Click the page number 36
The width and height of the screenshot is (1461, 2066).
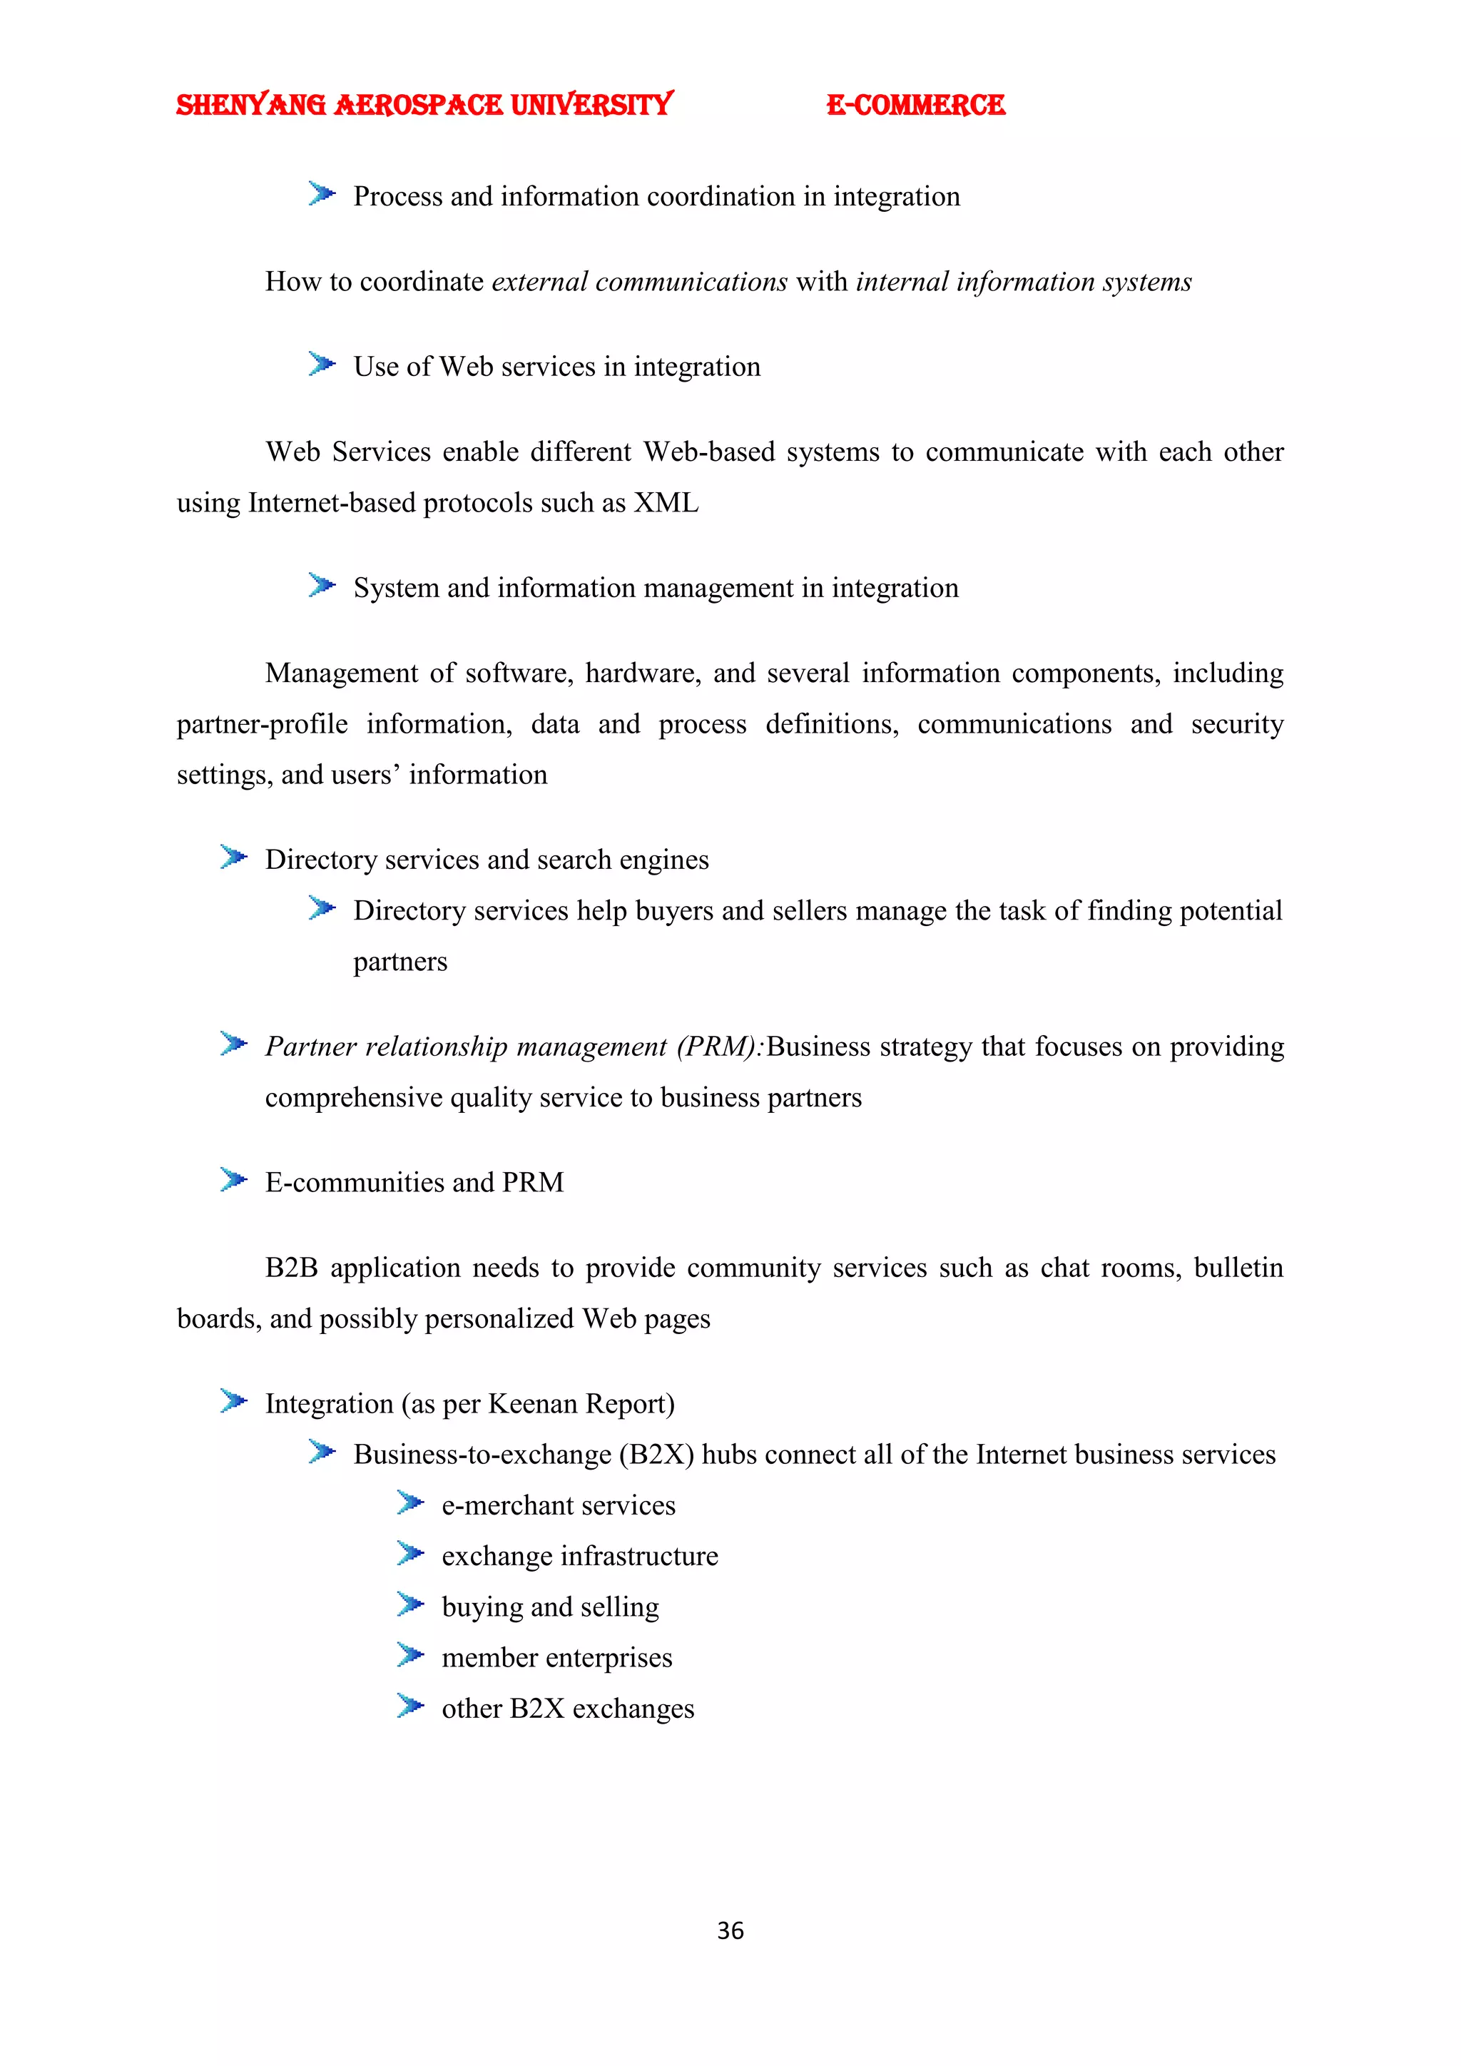click(x=730, y=1930)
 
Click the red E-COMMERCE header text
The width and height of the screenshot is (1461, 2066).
click(x=915, y=106)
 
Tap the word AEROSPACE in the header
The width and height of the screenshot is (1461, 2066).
click(x=418, y=106)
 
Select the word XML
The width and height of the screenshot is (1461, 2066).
click(x=666, y=503)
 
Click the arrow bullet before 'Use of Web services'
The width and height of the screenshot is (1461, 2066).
click(x=321, y=365)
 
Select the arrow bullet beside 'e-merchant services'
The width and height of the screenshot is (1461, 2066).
click(x=410, y=1502)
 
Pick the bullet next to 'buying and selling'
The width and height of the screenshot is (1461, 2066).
click(x=410, y=1604)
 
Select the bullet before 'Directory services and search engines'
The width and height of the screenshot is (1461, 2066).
click(x=233, y=858)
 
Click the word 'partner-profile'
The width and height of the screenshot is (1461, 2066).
click(x=262, y=724)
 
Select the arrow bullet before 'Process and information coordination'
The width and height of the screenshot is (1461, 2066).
click(x=321, y=193)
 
